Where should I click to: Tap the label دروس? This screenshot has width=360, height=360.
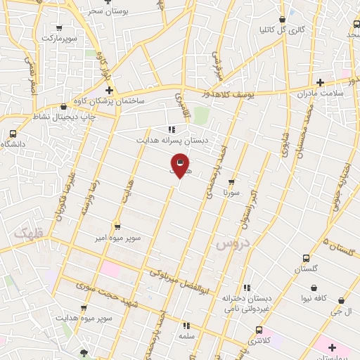[x=233, y=243]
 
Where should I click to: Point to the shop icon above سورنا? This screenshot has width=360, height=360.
[x=231, y=182]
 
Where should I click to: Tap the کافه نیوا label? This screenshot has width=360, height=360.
[x=314, y=300]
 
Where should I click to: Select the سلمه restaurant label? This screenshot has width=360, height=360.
[x=186, y=337]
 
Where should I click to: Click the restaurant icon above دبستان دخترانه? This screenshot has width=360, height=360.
[x=246, y=288]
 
